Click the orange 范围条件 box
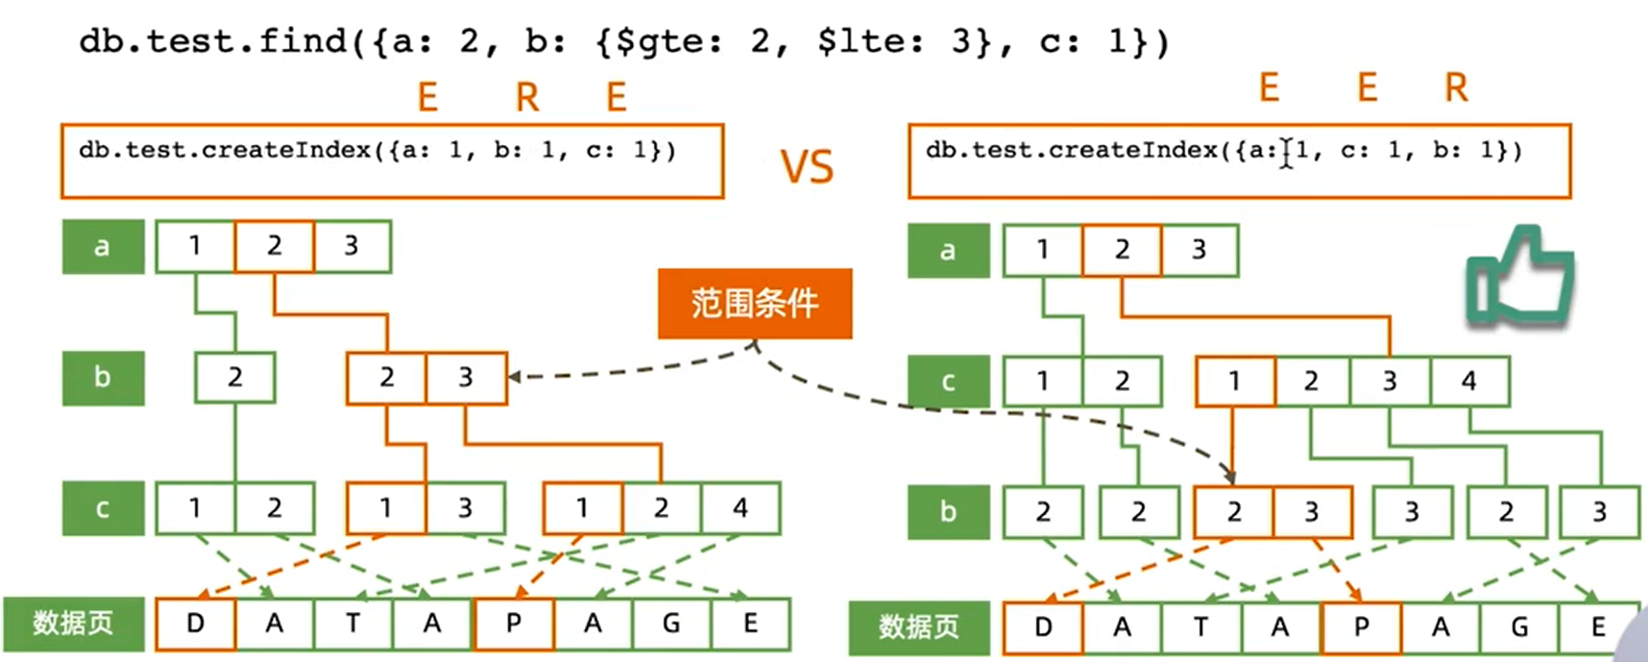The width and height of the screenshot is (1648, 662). coord(754,304)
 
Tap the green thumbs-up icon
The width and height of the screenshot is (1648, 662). coord(1519,279)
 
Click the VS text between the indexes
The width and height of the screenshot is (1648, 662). coord(807,168)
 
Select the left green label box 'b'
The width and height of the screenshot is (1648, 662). coord(103,378)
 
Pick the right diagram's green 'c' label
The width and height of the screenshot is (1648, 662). coord(948,381)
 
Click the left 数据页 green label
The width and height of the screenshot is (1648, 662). coord(73,624)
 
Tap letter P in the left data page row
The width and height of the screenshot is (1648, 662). coord(514,624)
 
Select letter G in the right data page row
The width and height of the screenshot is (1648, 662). coord(1519,627)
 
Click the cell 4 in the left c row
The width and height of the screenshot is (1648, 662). coord(739,508)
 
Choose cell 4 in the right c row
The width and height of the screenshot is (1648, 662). coord(1468,381)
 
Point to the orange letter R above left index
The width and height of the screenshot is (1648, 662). coord(527,97)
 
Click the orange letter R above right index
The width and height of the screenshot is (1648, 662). coord(1456,88)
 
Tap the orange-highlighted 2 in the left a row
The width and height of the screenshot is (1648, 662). coord(274,246)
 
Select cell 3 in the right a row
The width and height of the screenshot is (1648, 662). coord(1199,250)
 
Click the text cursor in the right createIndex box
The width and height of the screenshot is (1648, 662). coord(1286,152)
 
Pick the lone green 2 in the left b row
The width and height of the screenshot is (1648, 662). coord(234,378)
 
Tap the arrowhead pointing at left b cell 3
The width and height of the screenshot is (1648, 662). coord(515,377)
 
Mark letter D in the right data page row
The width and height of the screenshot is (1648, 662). coord(1043,627)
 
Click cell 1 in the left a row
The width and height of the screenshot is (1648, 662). coord(195,246)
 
